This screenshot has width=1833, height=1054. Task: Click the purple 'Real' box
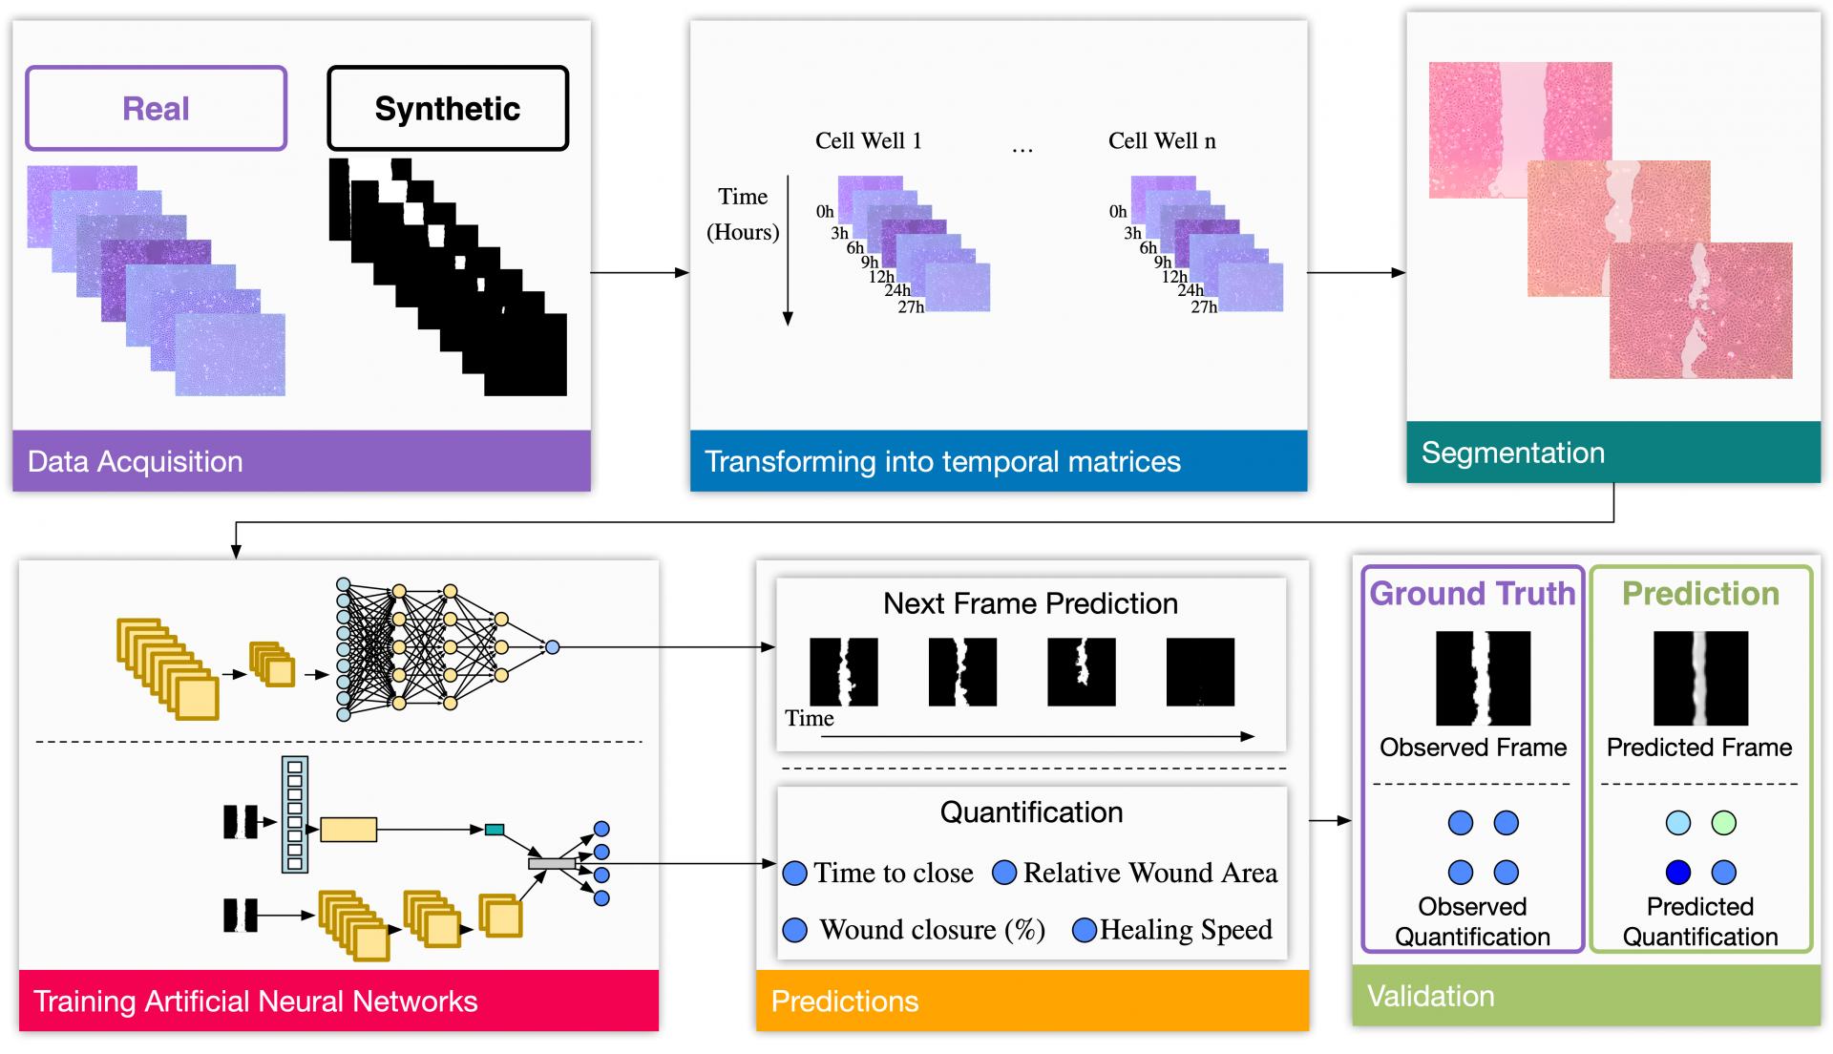[156, 108]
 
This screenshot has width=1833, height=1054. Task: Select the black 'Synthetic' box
[447, 108]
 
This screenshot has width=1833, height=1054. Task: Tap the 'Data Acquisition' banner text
[135, 461]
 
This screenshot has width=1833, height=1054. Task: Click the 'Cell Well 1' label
[868, 141]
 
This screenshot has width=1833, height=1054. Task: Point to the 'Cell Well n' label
[1161, 141]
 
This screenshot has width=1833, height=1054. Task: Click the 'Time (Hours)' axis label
[743, 214]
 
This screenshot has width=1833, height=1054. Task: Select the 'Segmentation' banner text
[1512, 453]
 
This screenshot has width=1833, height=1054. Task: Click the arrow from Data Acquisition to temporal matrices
[640, 273]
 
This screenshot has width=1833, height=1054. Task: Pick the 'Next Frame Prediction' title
[1030, 603]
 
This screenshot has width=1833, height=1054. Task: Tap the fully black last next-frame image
[1200, 672]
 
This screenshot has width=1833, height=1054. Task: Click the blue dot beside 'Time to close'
[794, 874]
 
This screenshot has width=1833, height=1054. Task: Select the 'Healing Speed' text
[1186, 930]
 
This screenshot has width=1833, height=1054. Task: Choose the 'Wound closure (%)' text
[932, 930]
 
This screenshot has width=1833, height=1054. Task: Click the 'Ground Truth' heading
[1472, 594]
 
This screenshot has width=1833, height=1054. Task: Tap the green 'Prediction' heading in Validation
[1700, 594]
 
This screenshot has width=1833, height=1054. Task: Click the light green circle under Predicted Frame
[1723, 823]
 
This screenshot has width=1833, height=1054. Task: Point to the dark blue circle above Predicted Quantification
[1677, 872]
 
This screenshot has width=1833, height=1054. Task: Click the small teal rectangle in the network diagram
[495, 830]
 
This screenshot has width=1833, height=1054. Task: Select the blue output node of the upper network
[553, 647]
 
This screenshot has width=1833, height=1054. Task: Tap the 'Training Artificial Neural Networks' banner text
[255, 1001]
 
